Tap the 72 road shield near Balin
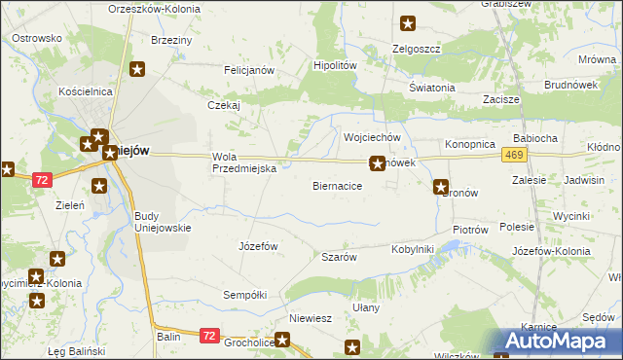[x=209, y=335]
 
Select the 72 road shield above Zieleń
[x=41, y=180]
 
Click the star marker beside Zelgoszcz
[x=408, y=23]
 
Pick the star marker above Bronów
[x=441, y=186]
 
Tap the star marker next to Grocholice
[x=282, y=340]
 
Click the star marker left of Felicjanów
[x=138, y=69]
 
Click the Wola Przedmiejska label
[x=245, y=162]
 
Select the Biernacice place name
[x=338, y=185]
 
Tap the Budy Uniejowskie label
[x=162, y=221]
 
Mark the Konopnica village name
[x=470, y=143]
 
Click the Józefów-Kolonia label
[x=551, y=251]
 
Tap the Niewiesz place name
[x=311, y=318]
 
